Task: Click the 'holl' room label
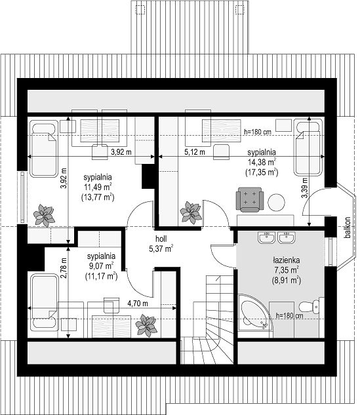pos(161,239)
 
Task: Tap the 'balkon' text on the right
pos(348,227)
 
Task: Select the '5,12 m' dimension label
pos(195,152)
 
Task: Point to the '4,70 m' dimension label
pos(138,304)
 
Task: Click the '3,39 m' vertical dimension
pos(305,188)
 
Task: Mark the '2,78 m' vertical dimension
pos(63,268)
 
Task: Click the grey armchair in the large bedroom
pos(250,199)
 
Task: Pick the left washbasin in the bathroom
pos(267,238)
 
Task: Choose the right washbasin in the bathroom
pos(286,238)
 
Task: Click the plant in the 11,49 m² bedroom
pos(44,215)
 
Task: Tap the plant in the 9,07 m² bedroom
pos(146,325)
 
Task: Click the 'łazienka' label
pos(287,261)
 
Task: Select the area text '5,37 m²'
pos(161,248)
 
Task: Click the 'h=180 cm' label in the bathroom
pos(289,315)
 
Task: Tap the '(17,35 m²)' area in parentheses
pos(262,172)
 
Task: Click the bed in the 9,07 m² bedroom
pos(44,302)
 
